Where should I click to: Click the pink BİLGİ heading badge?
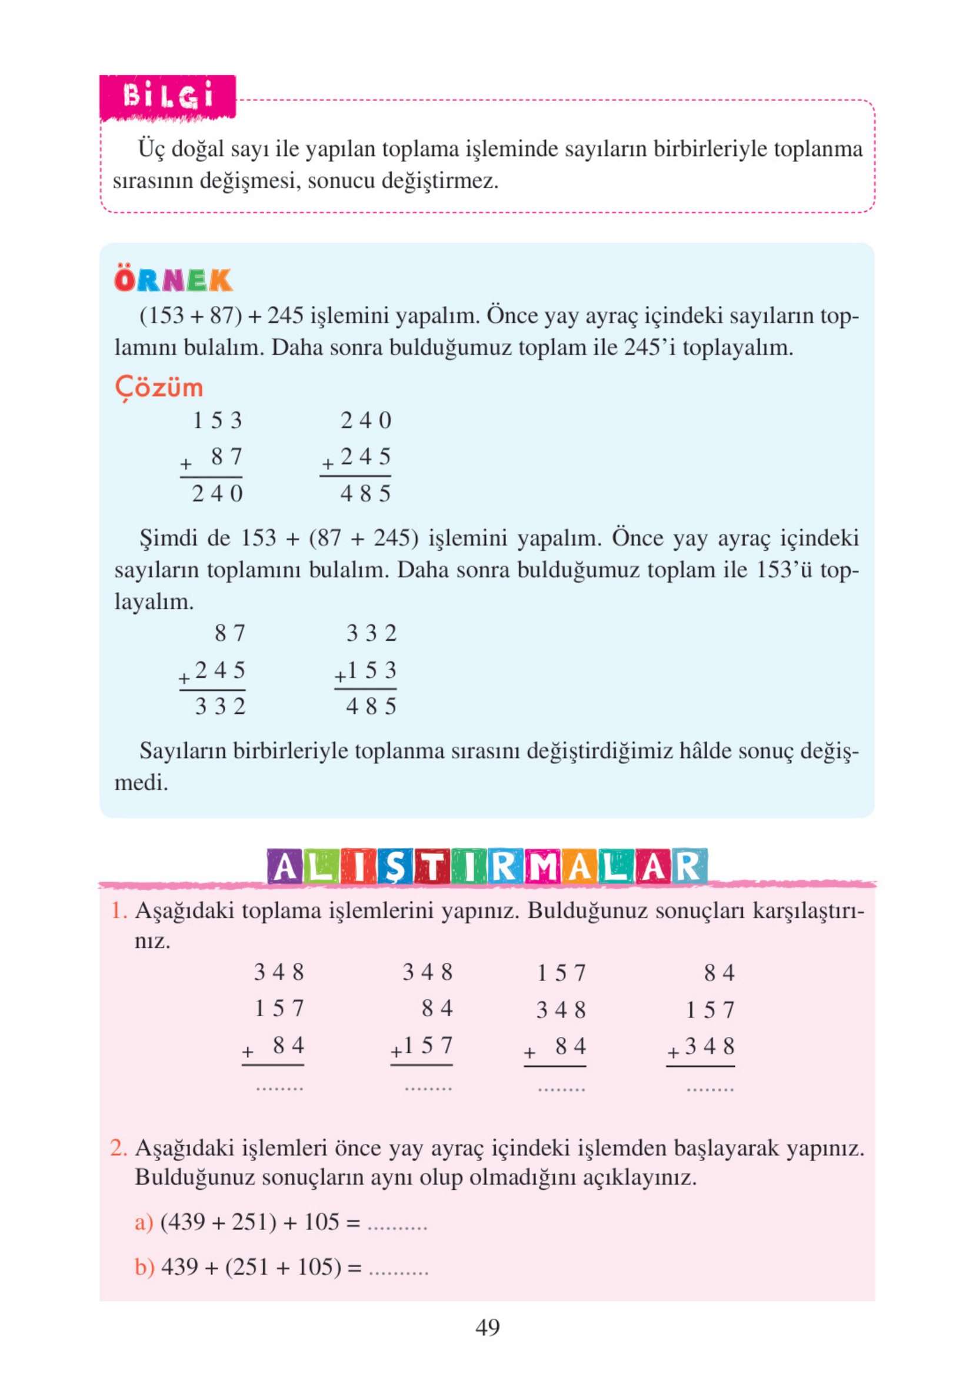coord(168,97)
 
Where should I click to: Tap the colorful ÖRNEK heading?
coord(173,280)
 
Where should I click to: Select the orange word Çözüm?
coord(159,388)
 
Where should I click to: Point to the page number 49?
coord(487,1327)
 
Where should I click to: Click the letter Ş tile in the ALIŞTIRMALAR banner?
coord(395,867)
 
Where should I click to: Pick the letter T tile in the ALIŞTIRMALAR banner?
coord(431,867)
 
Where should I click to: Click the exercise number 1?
coord(118,910)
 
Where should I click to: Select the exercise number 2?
coord(118,1147)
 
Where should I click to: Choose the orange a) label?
coord(144,1221)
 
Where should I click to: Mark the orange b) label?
coord(144,1266)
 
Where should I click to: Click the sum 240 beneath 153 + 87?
coord(217,494)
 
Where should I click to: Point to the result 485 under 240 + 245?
coord(365,494)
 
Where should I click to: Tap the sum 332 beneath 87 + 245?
coord(220,706)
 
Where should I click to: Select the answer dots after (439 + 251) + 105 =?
coord(397,1225)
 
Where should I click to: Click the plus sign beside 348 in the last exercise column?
coord(673,1052)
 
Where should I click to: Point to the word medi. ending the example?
coord(141,783)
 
